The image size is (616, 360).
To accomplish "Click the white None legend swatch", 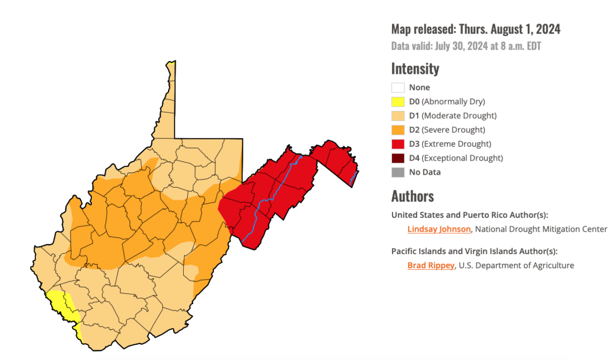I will click(x=398, y=87).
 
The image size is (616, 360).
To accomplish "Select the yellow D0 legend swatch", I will click(x=398, y=102).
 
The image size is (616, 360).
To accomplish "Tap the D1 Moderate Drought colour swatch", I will click(x=398, y=116).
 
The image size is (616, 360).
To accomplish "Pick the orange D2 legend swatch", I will click(x=398, y=130).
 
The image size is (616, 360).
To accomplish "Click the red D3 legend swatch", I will click(x=398, y=144).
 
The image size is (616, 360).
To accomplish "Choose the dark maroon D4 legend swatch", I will click(x=398, y=158).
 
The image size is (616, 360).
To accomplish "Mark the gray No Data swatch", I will click(x=398, y=172).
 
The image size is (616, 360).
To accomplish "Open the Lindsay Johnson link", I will click(x=438, y=229).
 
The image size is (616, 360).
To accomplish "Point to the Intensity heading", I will click(x=415, y=69).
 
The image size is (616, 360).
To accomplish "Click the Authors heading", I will click(x=412, y=196).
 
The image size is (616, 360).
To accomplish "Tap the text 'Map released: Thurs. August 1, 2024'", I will click(x=475, y=29).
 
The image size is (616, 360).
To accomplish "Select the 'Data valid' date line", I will click(x=466, y=46).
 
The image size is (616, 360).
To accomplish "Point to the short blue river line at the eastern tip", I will click(x=353, y=178).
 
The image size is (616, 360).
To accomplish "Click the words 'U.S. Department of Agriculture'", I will click(x=516, y=265).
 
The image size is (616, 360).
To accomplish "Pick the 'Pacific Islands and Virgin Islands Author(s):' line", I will click(x=474, y=251).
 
